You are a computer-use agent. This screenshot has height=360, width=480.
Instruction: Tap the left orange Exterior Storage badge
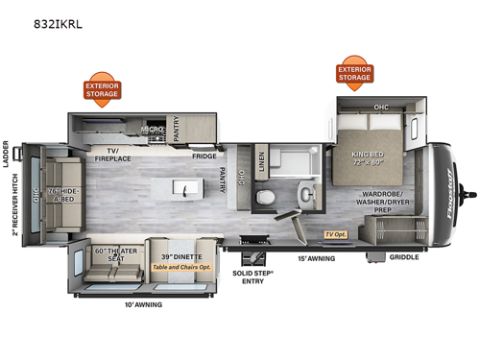click(x=104, y=89)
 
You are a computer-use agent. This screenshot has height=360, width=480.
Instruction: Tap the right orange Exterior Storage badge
click(x=355, y=72)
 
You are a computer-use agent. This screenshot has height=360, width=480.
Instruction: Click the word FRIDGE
click(x=204, y=156)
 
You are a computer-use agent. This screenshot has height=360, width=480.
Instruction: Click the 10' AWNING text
click(x=143, y=304)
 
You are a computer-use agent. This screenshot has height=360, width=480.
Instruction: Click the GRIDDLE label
click(x=402, y=256)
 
